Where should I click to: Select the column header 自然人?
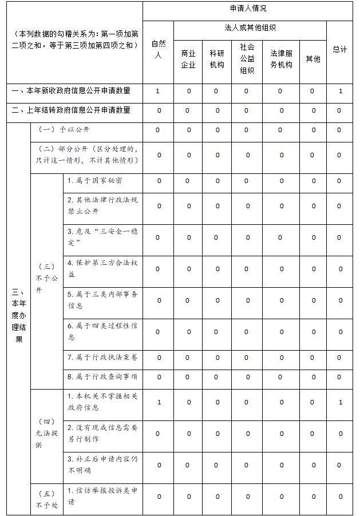click(x=158, y=50)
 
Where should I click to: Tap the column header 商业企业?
click(x=188, y=59)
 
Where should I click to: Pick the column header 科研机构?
click(x=217, y=59)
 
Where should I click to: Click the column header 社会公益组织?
click(x=247, y=58)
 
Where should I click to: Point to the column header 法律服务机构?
click(x=281, y=59)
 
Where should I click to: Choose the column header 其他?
click(x=313, y=59)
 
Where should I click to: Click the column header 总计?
click(x=339, y=50)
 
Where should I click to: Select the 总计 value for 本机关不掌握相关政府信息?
click(x=340, y=403)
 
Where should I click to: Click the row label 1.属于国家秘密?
click(x=94, y=181)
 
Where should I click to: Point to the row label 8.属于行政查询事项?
click(x=102, y=376)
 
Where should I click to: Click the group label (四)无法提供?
click(x=46, y=434)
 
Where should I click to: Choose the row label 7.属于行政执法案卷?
click(x=102, y=358)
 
